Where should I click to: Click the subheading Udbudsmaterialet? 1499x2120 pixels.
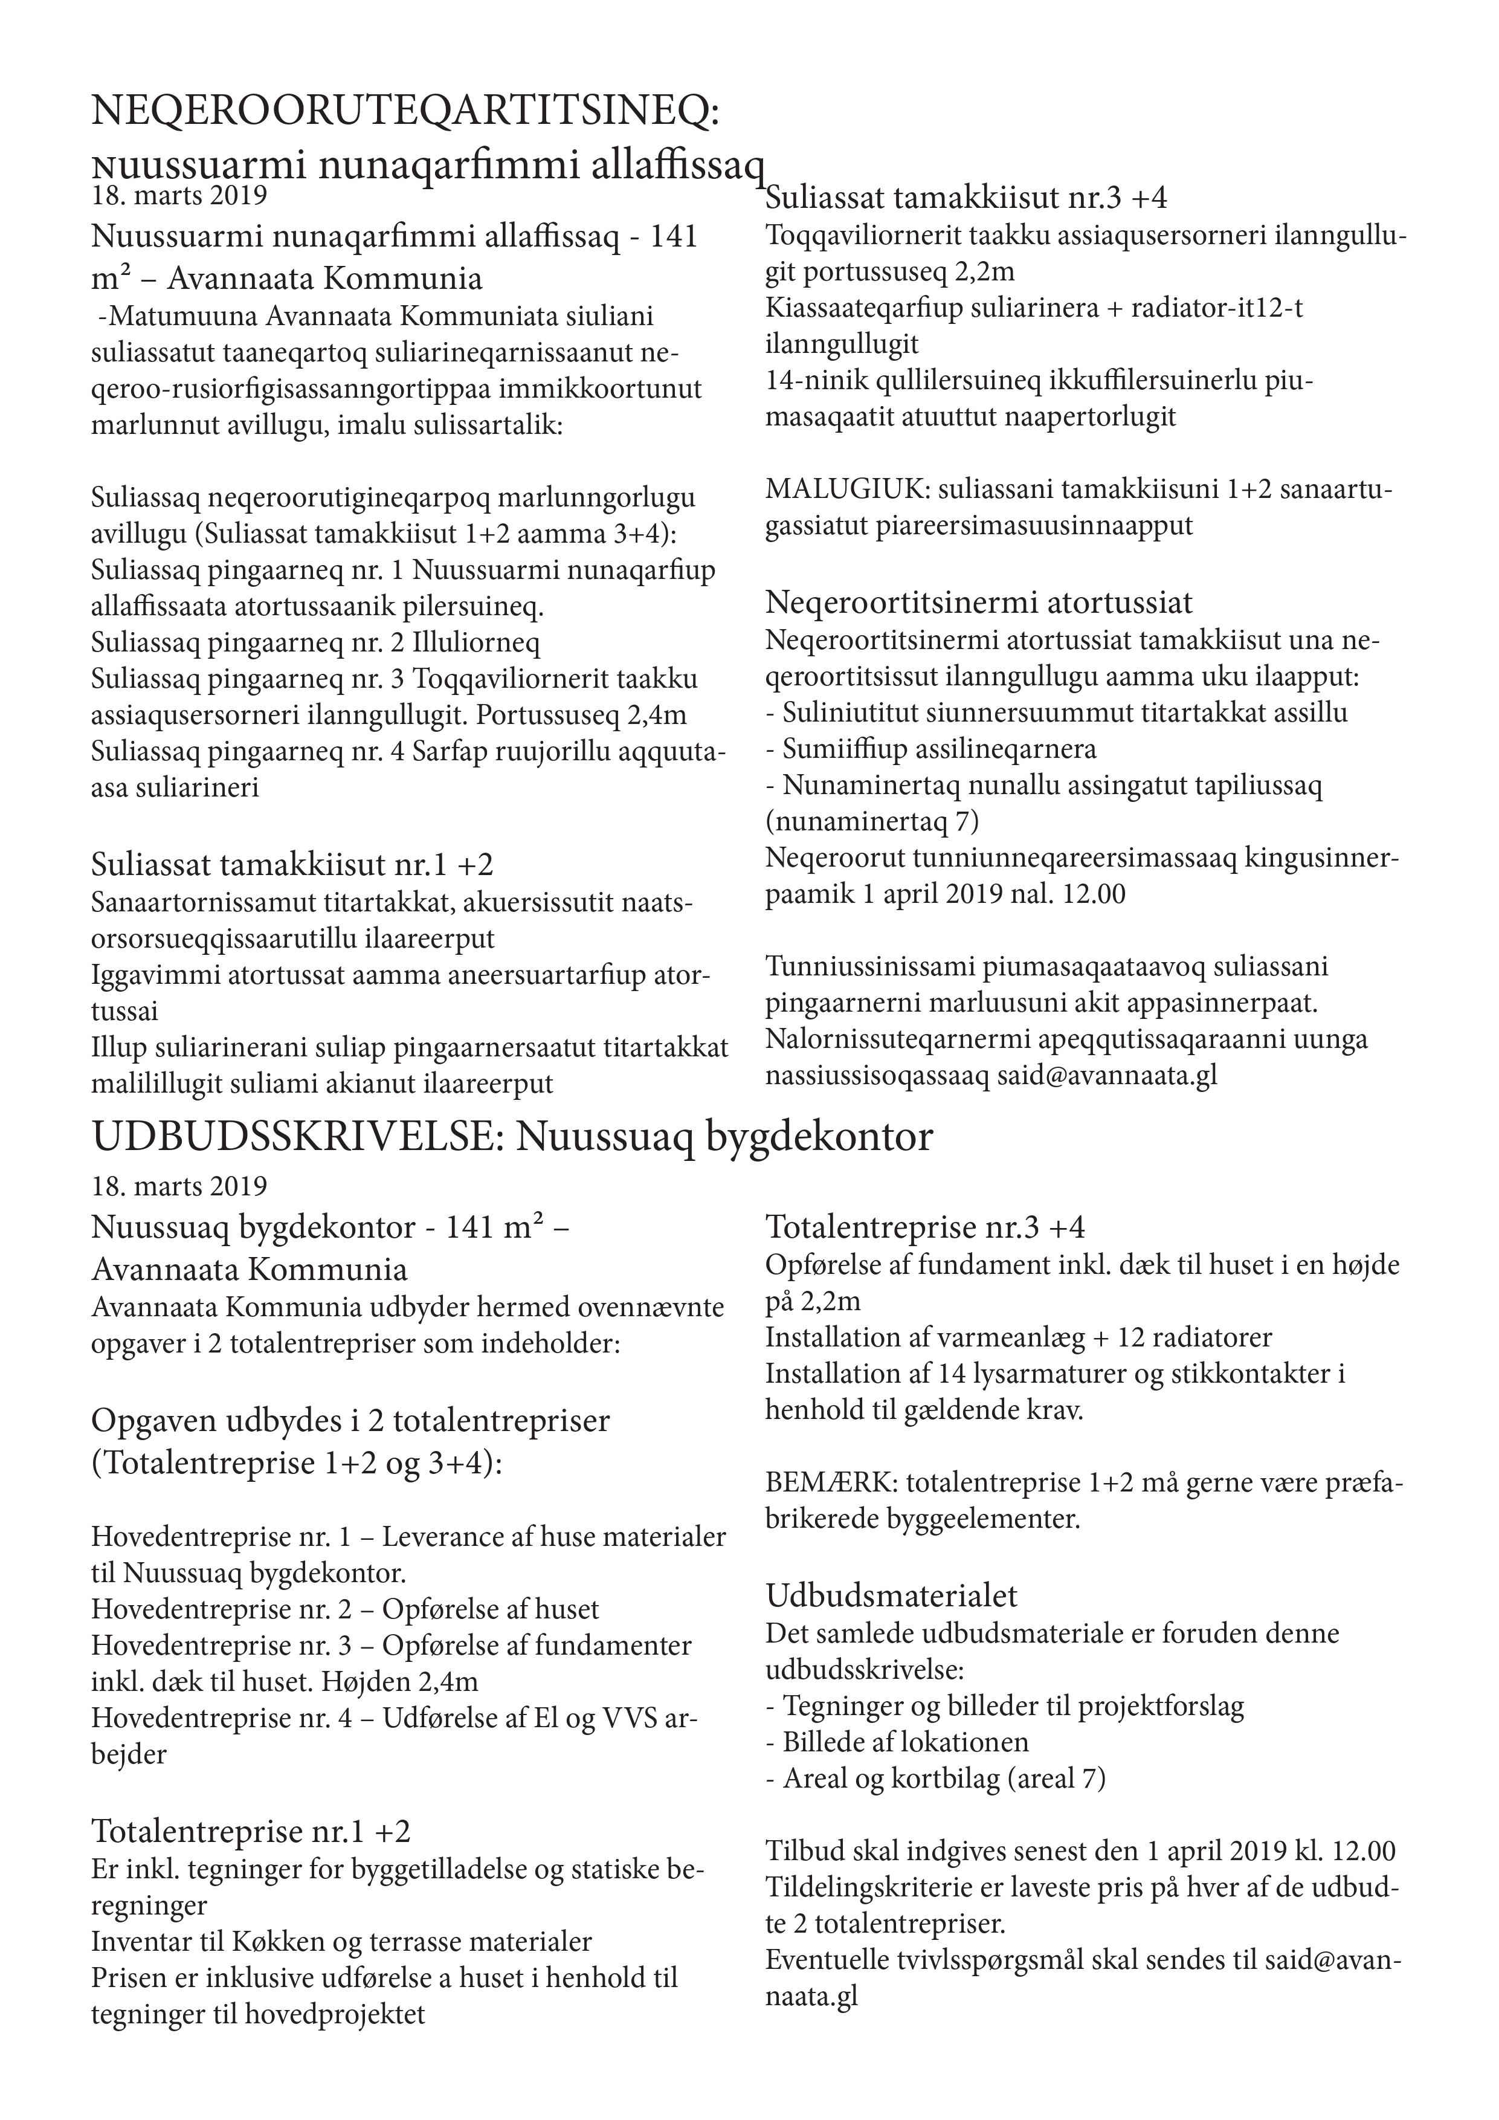coord(892,1595)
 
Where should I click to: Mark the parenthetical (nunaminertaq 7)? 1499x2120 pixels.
coord(872,822)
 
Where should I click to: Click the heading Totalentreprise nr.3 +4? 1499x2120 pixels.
coord(925,1227)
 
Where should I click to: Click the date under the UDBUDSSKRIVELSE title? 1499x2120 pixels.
coord(179,1184)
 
